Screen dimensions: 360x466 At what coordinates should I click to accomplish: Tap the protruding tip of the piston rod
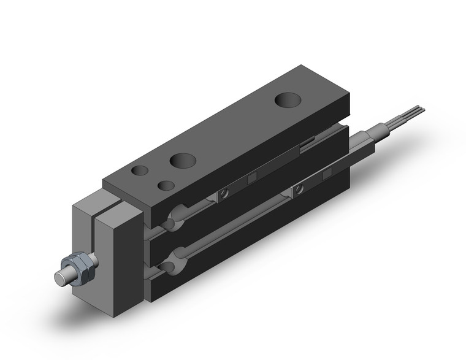tap(61, 277)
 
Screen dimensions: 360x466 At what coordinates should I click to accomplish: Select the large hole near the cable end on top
tap(286, 99)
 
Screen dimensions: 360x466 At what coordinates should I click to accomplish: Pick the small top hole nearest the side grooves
tap(165, 185)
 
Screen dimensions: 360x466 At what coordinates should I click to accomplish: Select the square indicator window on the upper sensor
tap(251, 178)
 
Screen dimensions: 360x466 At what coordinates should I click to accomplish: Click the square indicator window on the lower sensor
tap(327, 174)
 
